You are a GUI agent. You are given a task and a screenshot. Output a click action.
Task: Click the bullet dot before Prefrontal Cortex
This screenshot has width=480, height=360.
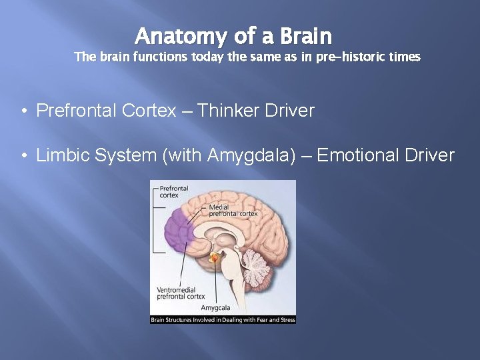pos(23,111)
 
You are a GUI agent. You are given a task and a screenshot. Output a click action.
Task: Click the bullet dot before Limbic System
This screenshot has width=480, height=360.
pos(23,157)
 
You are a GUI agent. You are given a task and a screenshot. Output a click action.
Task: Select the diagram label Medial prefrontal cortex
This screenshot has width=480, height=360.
pos(233,210)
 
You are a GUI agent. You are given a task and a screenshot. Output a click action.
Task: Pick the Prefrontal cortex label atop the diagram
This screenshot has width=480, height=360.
pos(173,191)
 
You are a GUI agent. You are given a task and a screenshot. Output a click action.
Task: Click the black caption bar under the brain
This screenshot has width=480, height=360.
pos(223,320)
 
